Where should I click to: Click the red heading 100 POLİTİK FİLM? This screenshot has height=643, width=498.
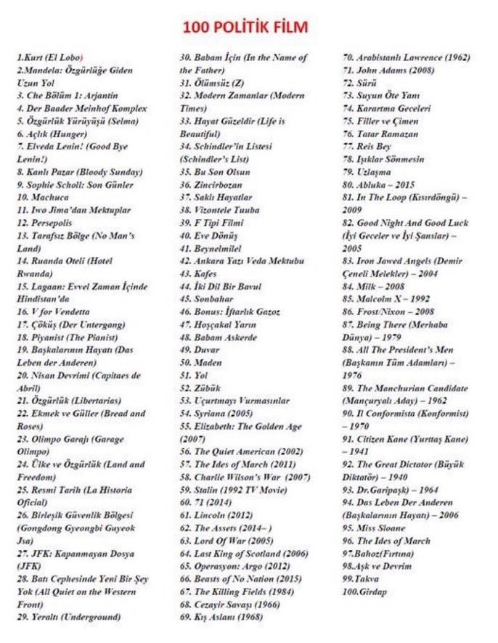tap(245, 28)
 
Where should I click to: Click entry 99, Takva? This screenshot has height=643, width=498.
tap(364, 578)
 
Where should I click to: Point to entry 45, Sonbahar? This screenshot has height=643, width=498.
tap(208, 299)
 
